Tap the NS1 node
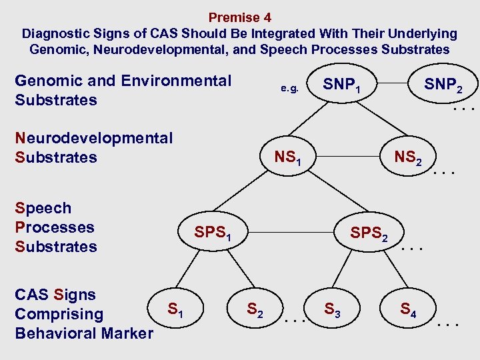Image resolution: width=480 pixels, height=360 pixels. pos(288,159)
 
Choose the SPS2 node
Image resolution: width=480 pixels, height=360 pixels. pos(368,233)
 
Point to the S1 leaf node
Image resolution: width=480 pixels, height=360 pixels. pos(175,309)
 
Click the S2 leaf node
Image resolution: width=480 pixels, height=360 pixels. pos(255,309)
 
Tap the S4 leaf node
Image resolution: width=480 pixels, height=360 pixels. pos(408,309)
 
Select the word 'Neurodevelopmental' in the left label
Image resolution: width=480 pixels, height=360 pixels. pos(93,138)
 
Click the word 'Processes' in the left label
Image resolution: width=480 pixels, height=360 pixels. pos(55,227)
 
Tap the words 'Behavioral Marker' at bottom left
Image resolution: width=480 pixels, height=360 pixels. pos(84,333)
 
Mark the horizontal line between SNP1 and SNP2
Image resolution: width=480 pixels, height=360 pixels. pos(393,85)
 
